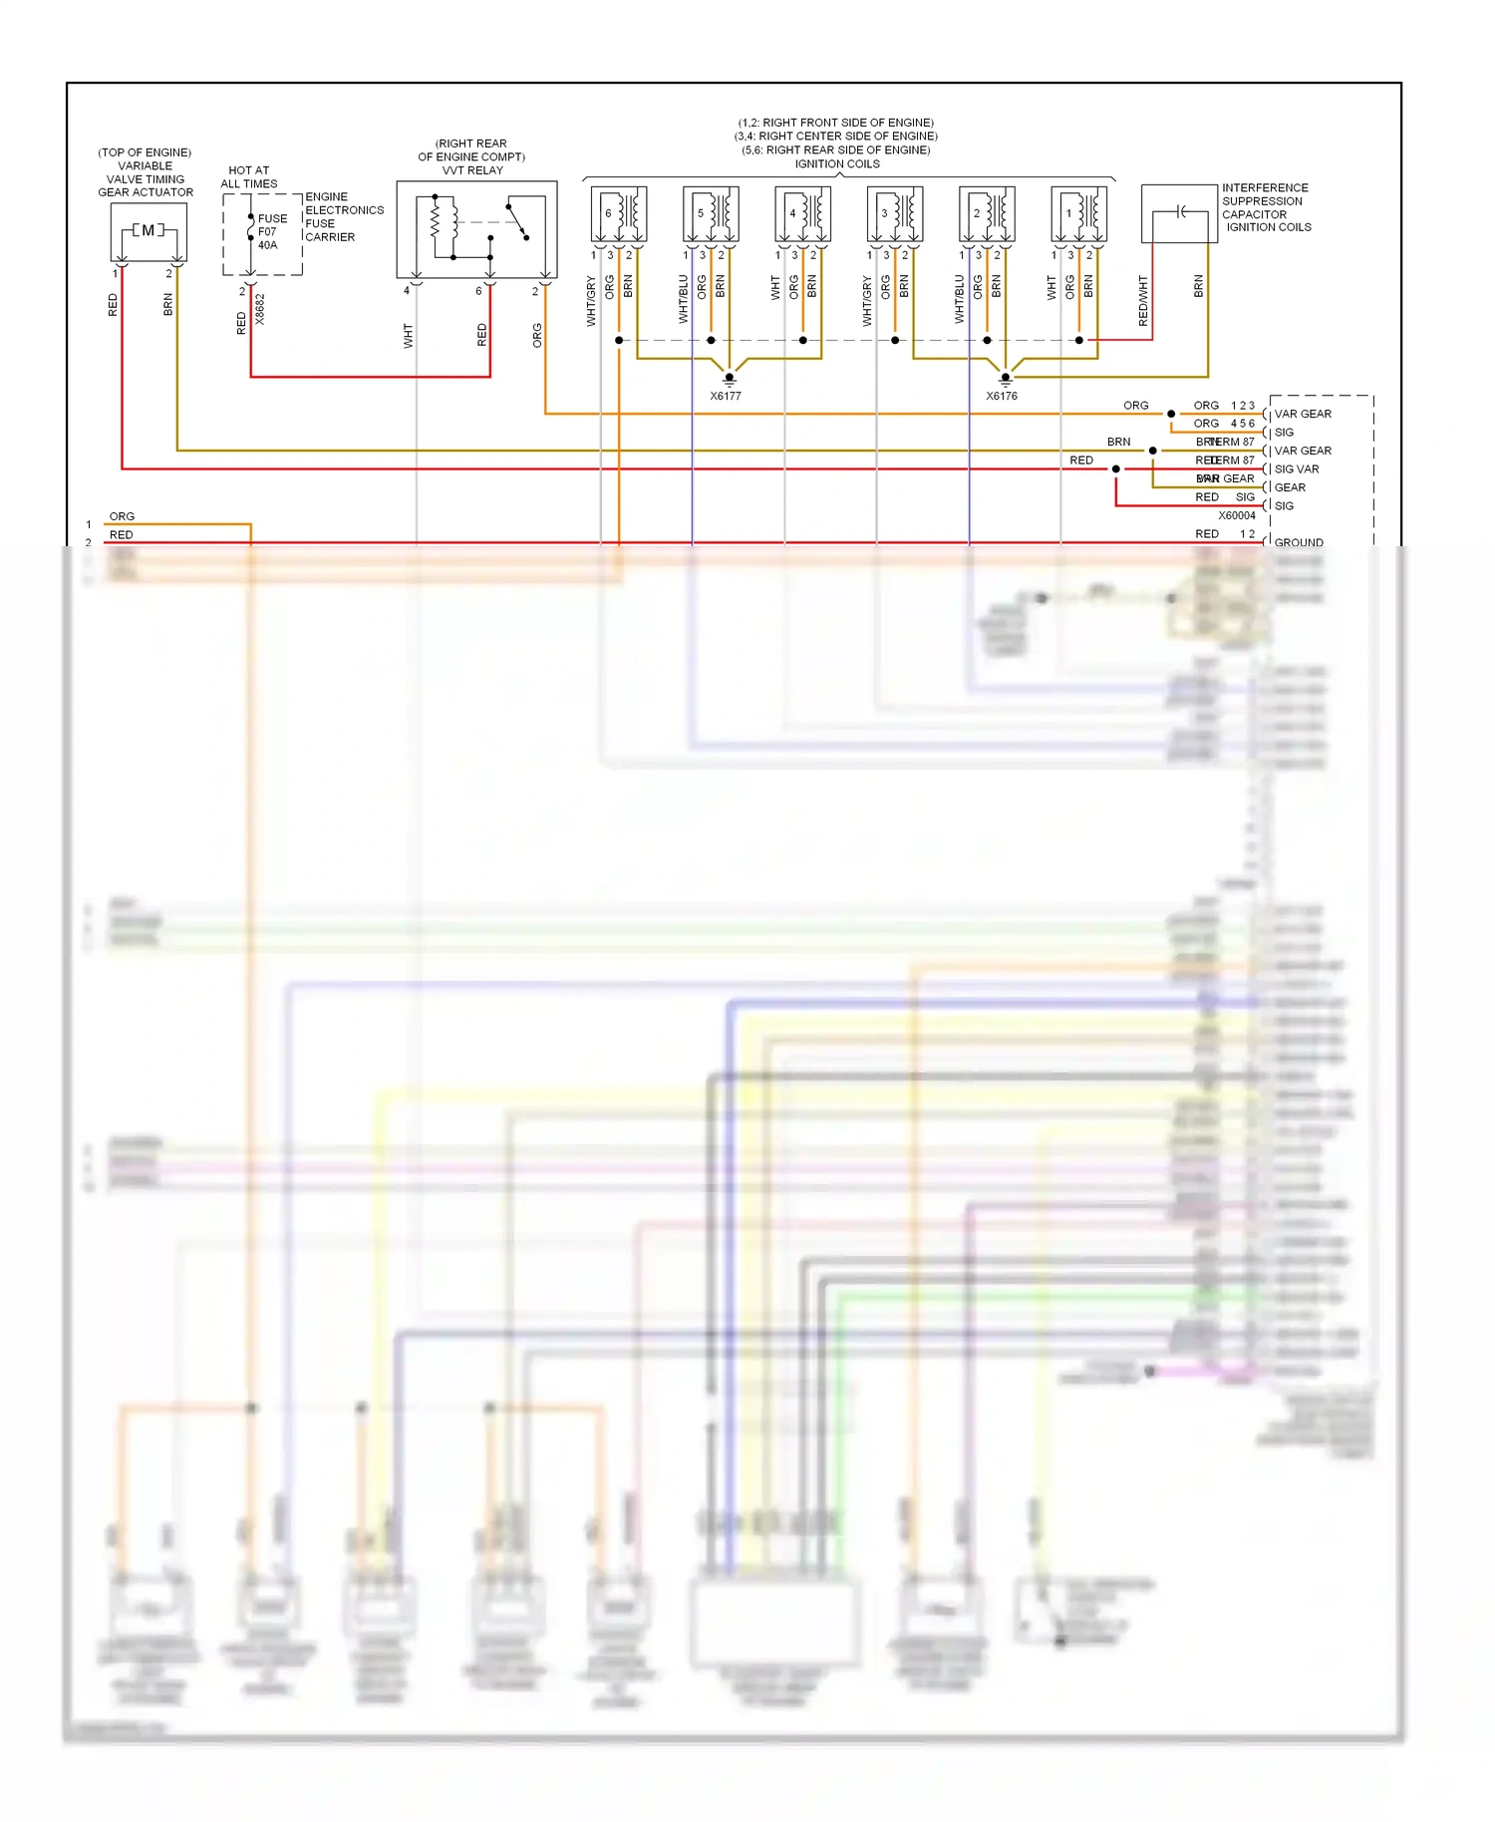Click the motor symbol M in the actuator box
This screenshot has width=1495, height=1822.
148,231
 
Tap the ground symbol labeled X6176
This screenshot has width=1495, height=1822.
1005,378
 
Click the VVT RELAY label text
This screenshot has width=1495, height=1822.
472,170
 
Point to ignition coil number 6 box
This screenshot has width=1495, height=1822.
618,213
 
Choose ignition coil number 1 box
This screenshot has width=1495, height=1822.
1078,213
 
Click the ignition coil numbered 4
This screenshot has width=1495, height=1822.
802,213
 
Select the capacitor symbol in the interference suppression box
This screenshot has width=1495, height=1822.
1180,211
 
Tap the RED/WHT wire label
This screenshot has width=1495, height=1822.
1143,300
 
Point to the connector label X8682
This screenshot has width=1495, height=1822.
260,308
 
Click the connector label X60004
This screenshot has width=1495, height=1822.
1236,515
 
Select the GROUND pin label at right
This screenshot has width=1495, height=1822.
1299,542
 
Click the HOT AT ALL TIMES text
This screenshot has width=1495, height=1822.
248,176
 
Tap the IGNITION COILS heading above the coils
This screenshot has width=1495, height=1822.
837,164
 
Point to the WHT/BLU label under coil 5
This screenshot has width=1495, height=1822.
684,299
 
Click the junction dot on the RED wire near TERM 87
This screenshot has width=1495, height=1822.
1115,468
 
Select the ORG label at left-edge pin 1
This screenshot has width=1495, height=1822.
122,516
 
